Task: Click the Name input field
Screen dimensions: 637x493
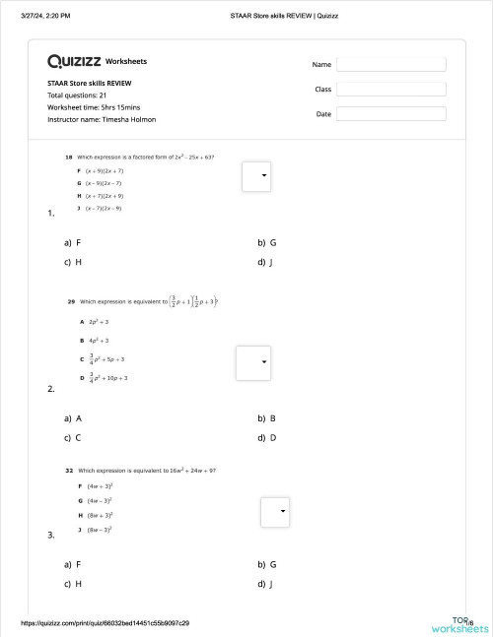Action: (390, 64)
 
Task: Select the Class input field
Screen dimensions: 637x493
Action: (390, 89)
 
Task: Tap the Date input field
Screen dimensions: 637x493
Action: (390, 114)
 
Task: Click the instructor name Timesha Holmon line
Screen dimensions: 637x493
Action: (102, 119)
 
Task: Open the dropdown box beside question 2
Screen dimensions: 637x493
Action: (252, 362)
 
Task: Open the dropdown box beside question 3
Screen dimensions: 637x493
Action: (275, 512)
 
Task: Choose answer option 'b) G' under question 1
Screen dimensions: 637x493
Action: (267, 242)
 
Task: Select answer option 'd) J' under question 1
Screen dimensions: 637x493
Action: (265, 262)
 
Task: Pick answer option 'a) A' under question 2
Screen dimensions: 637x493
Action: (73, 417)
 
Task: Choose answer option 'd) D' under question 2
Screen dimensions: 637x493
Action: (267, 437)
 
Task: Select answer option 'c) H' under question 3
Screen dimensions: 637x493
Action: (73, 584)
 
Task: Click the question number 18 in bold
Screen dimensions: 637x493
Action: (68, 157)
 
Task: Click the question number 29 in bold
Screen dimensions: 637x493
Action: (71, 301)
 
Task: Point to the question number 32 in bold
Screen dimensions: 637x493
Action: (69, 471)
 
